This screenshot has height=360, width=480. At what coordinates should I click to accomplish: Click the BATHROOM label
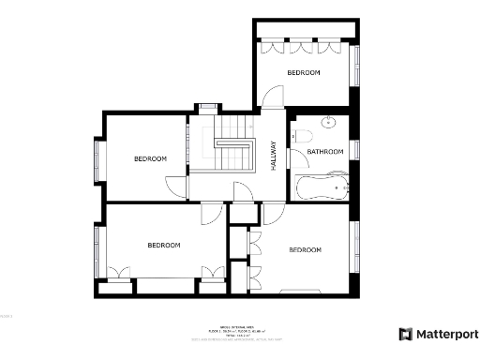pyautogui.click(x=326, y=152)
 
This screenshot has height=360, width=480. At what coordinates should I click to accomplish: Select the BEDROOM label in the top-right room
pyautogui.click(x=304, y=73)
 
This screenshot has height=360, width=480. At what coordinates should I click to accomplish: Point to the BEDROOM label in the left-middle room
pyautogui.click(x=150, y=158)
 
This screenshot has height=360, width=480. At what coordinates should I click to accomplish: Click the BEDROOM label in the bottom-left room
pyautogui.click(x=164, y=245)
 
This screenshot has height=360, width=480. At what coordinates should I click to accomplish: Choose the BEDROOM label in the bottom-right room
pyautogui.click(x=305, y=250)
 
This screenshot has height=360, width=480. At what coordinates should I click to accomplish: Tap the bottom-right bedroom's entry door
pyautogui.click(x=270, y=214)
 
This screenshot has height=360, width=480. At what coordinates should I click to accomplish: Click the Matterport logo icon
pyautogui.click(x=405, y=334)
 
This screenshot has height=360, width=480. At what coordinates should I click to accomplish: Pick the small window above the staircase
pyautogui.click(x=206, y=108)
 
